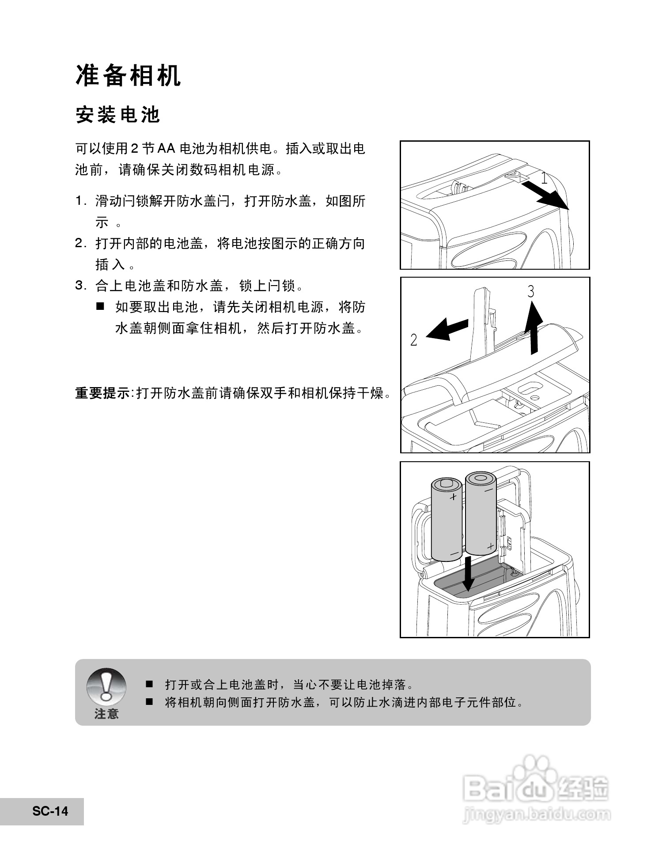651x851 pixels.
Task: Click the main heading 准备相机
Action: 128,76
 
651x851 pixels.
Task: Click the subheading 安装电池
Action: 117,115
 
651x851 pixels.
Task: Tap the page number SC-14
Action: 50,811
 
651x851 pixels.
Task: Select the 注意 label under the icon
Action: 106,714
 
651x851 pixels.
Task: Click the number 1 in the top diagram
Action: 544,179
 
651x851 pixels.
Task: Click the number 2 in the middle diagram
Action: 413,340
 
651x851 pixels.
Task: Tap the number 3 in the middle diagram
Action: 531,291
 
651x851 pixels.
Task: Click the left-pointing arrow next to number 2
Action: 447,328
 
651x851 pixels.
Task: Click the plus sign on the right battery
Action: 490,546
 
